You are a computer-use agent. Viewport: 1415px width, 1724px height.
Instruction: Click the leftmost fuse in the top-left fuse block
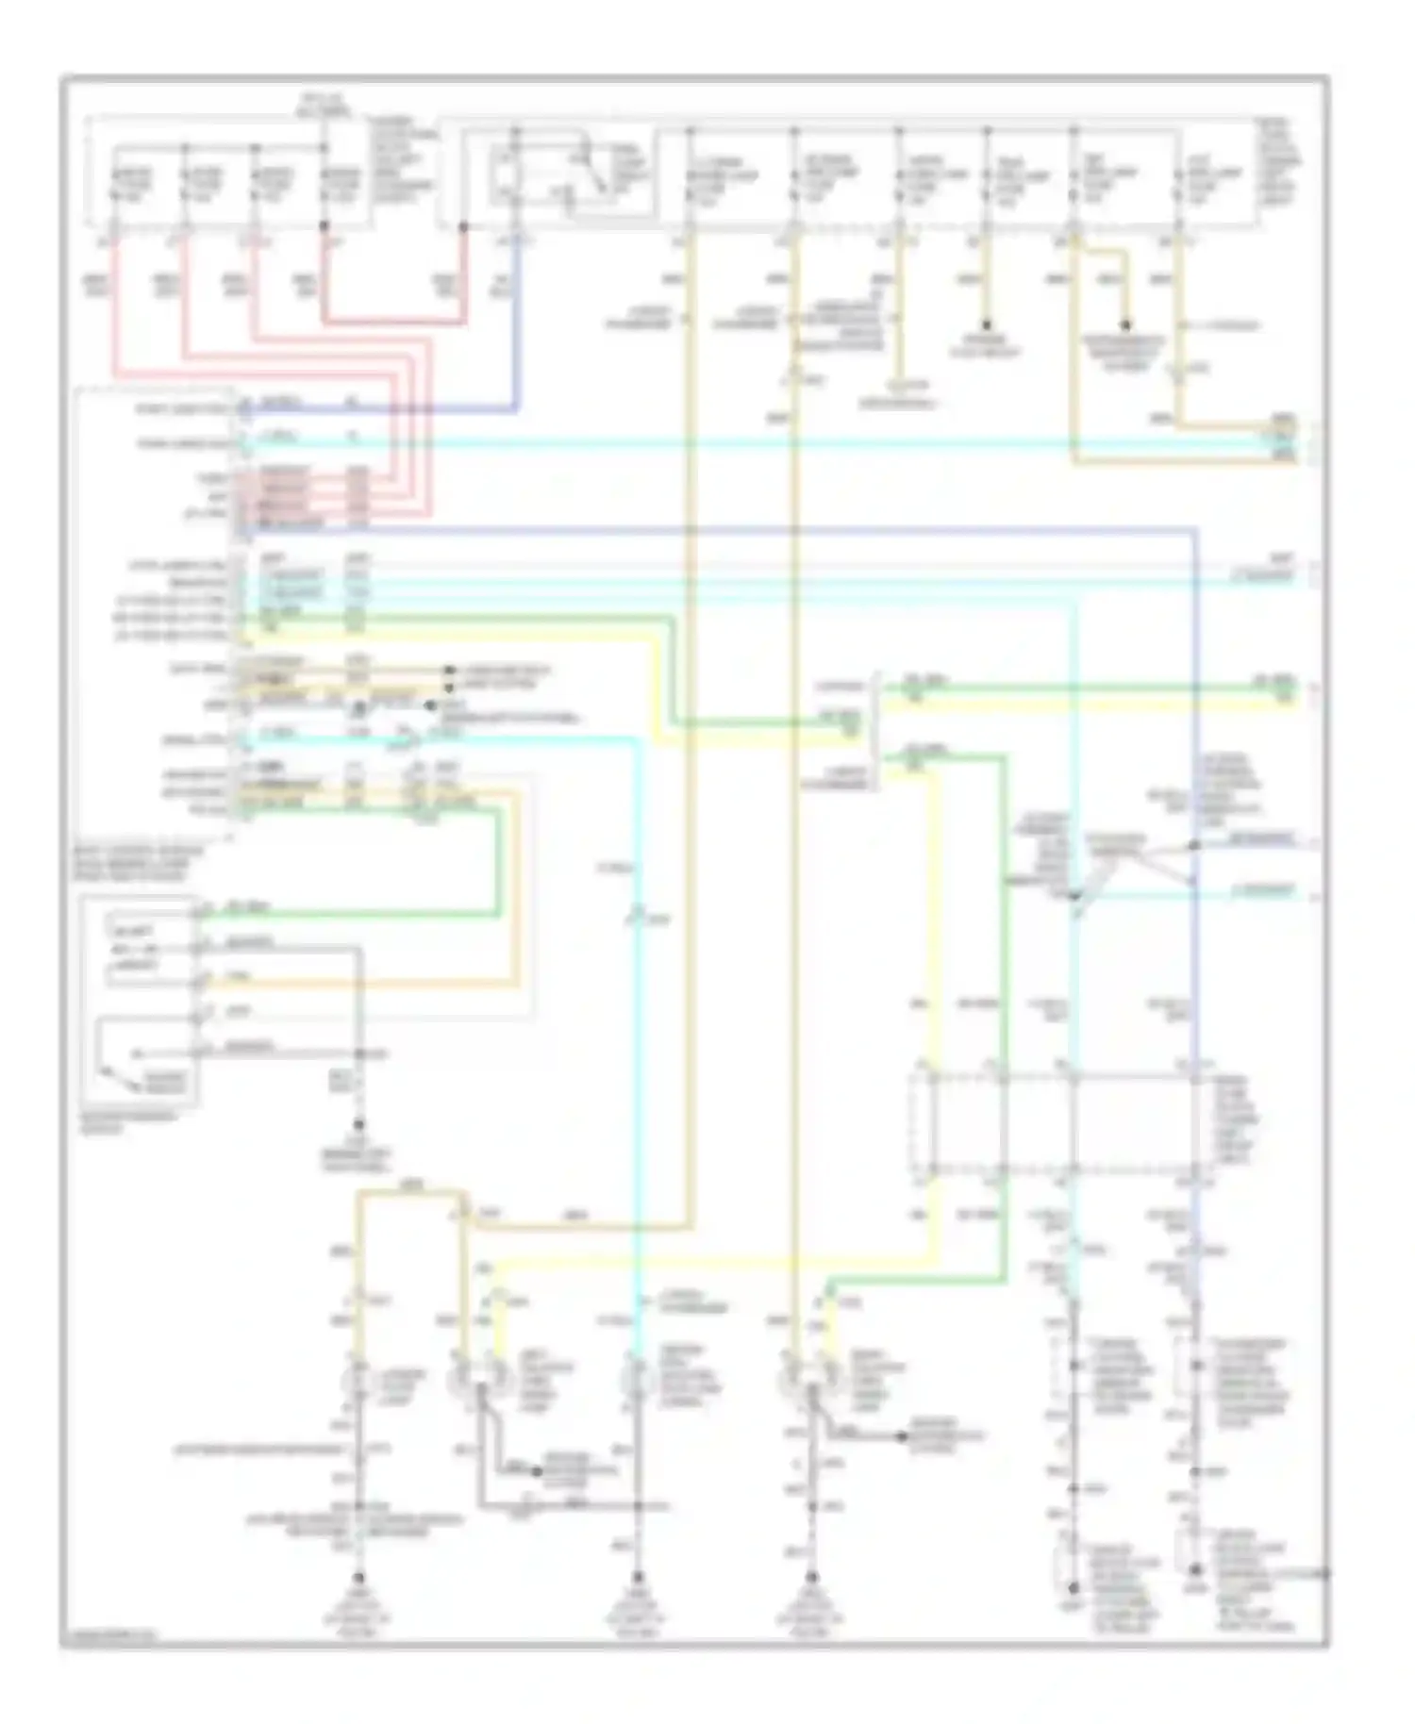tap(114, 184)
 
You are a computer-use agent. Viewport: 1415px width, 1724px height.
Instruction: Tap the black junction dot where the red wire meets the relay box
tap(462, 226)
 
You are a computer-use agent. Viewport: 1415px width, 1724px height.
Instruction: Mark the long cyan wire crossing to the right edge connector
tap(755, 443)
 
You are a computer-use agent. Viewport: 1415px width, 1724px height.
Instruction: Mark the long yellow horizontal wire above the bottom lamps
tap(707, 1260)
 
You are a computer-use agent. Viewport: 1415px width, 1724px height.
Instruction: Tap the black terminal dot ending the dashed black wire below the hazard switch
tap(358, 1124)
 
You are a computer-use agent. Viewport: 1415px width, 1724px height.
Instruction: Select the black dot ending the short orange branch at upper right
tap(1124, 325)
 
